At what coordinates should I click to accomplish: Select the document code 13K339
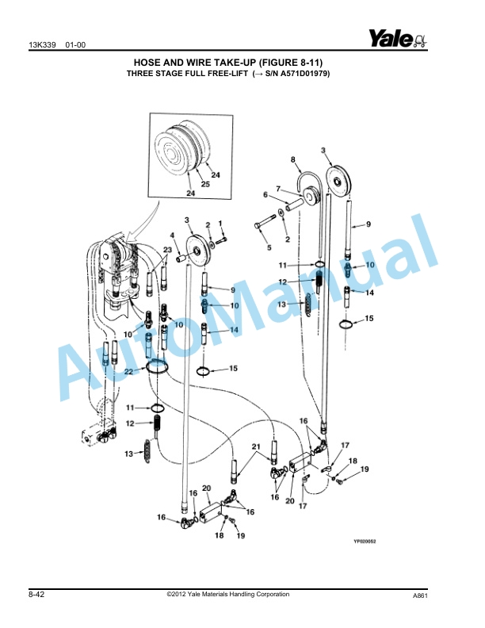41,44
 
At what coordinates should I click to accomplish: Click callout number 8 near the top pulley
293,159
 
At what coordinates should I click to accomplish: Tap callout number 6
265,194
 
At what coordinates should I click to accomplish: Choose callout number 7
278,188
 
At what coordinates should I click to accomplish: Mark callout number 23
166,250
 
